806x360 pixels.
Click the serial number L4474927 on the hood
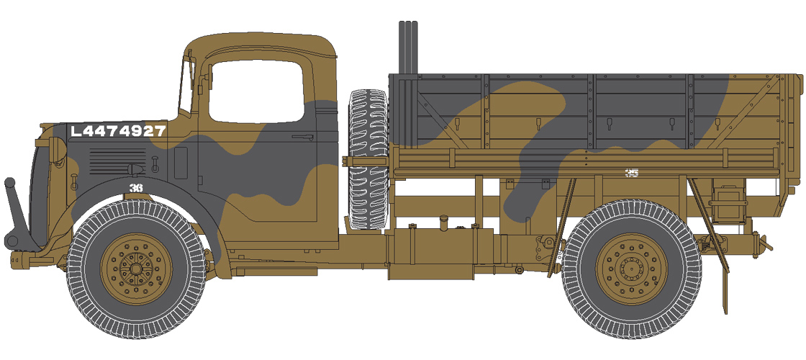119,131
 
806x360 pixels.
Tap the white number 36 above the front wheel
135,188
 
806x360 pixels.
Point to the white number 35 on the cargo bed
632,172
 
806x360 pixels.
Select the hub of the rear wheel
631,269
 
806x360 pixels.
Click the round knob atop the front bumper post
10,183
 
